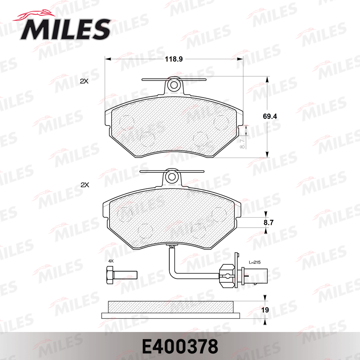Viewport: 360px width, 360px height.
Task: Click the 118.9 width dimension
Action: (x=174, y=59)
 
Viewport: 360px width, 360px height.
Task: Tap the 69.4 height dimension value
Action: (x=270, y=116)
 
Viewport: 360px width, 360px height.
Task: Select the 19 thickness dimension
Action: (x=265, y=310)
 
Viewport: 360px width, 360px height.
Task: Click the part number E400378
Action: (x=180, y=346)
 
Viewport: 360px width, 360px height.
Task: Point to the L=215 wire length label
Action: (x=255, y=262)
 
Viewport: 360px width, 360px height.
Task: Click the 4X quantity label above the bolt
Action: (x=111, y=261)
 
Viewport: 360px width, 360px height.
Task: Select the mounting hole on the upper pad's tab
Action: (x=174, y=85)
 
